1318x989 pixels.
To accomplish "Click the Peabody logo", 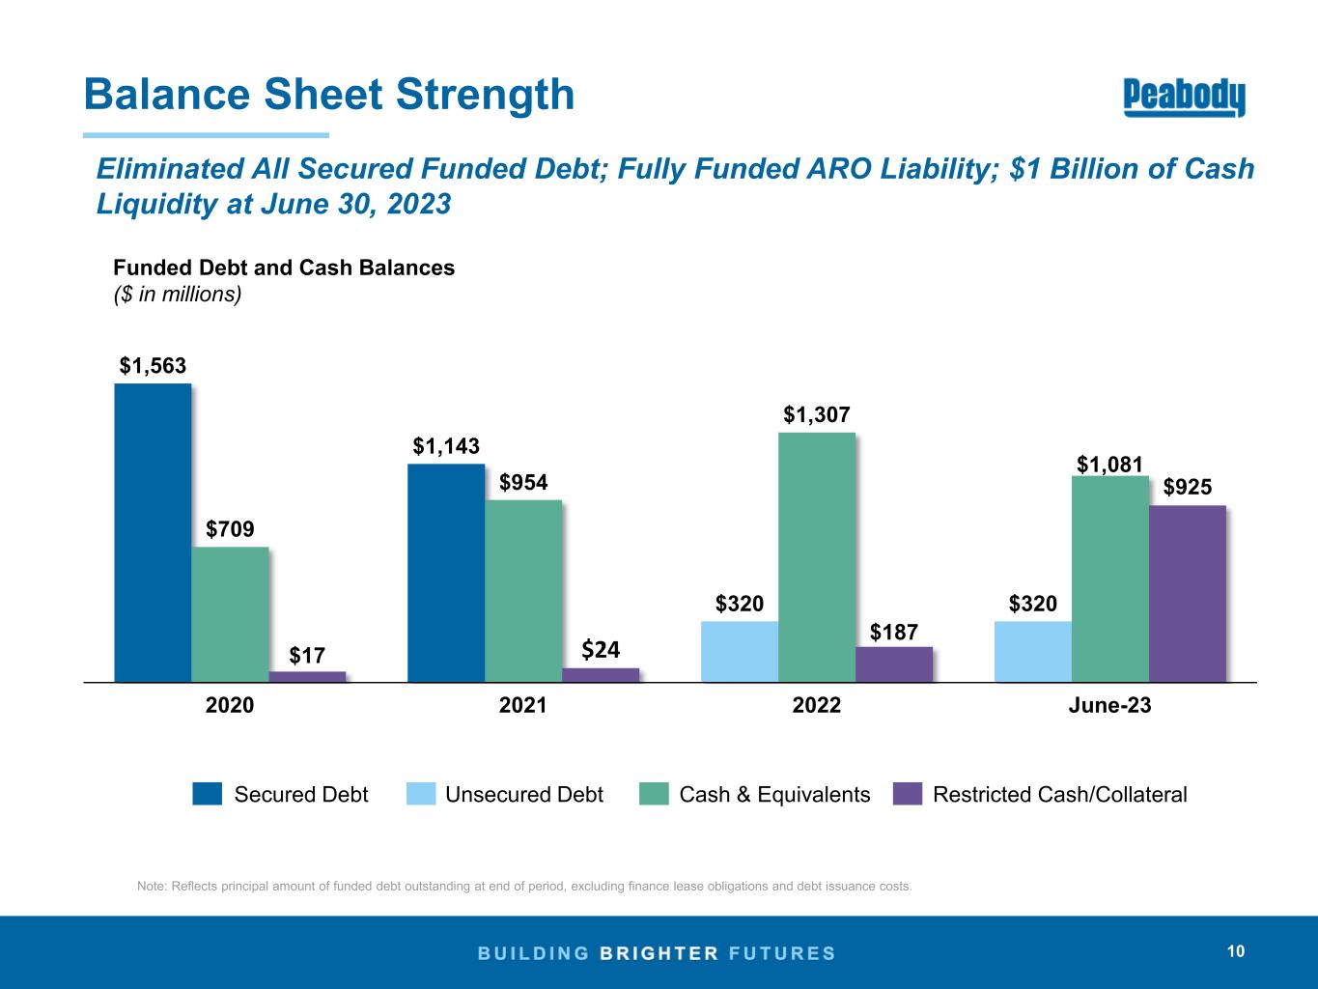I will pyautogui.click(x=1184, y=98).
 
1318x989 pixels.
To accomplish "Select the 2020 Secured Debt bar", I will pyautogui.click(x=153, y=532).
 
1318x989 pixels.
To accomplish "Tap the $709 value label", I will pyautogui.click(x=231, y=529).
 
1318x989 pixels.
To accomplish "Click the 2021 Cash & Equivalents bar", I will pyautogui.click(x=523, y=590).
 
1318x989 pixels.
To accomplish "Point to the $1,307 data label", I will pyautogui.click(x=816, y=415).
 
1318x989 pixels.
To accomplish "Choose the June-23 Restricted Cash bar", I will pyautogui.click(x=1187, y=593).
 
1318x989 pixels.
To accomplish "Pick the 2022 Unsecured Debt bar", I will pyautogui.click(x=740, y=651).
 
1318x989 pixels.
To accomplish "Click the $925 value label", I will pyautogui.click(x=1187, y=488).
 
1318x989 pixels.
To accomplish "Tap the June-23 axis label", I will pyautogui.click(x=1109, y=706).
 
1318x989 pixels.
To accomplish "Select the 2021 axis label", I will pyautogui.click(x=523, y=706).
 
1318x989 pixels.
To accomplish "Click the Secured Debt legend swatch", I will pyautogui.click(x=208, y=794).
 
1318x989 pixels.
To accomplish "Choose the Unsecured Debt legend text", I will pyautogui.click(x=523, y=795).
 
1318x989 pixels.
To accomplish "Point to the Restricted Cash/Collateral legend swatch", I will pyautogui.click(x=909, y=794).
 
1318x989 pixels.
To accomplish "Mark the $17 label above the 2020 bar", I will pyautogui.click(x=307, y=656).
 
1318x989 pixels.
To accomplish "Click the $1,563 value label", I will pyautogui.click(x=153, y=366).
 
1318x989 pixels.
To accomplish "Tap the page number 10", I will pyautogui.click(x=1236, y=952).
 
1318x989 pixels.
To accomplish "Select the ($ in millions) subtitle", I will pyautogui.click(x=177, y=294).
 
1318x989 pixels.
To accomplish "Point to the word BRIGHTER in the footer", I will pyautogui.click(x=659, y=953).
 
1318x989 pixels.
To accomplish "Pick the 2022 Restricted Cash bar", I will pyautogui.click(x=894, y=664).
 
